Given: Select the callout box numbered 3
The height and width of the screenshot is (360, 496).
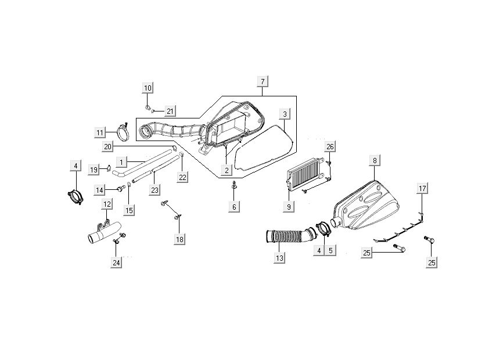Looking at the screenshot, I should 285,114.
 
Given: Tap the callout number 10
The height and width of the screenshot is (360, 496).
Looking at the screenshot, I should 148,88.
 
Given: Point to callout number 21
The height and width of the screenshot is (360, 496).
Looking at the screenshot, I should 170,111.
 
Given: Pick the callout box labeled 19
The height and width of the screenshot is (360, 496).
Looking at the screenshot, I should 94,170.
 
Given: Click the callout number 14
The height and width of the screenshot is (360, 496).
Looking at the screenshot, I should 100,190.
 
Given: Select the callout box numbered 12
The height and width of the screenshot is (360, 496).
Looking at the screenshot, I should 107,204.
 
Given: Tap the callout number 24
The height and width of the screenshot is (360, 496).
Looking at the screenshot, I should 116,263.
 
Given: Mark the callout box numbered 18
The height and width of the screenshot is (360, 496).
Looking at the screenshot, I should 179,239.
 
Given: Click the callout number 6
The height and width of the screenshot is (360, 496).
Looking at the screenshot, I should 235,207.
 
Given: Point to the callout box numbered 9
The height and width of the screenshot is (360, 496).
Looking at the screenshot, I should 289,206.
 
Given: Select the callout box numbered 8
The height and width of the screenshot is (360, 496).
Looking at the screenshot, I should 375,160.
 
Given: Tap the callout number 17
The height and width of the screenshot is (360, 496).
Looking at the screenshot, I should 423,188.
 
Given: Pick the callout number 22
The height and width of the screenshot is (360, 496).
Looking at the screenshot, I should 182,177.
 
